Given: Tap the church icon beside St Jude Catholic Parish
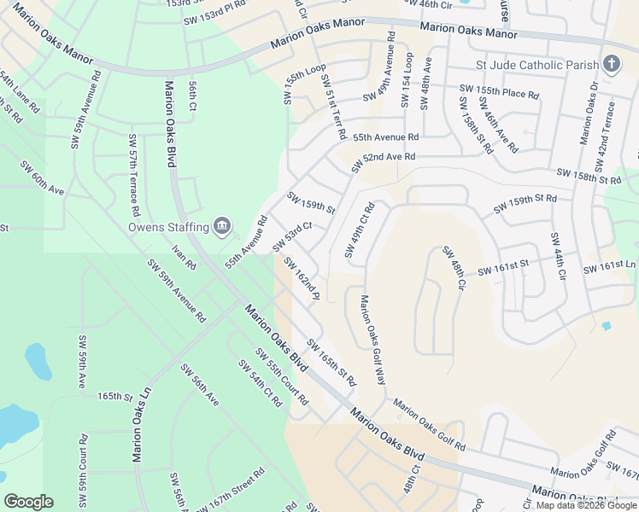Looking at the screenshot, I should coord(611,64).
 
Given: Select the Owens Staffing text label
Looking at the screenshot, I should coord(168,227).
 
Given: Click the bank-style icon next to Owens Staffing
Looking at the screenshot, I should coord(221,226).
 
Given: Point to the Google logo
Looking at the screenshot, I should coord(28,502).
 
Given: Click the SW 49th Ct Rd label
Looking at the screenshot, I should coord(360,230).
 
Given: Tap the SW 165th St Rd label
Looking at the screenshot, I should coord(331,362).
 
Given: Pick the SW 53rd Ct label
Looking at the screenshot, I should coord(290,236).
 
